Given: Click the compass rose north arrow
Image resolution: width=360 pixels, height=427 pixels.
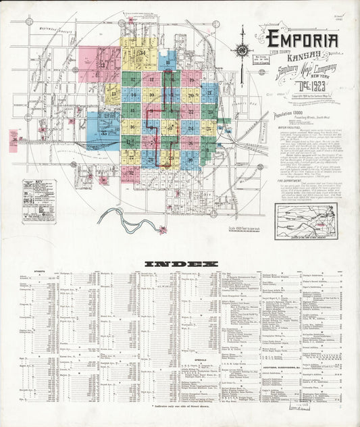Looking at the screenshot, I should coord(242,50).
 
